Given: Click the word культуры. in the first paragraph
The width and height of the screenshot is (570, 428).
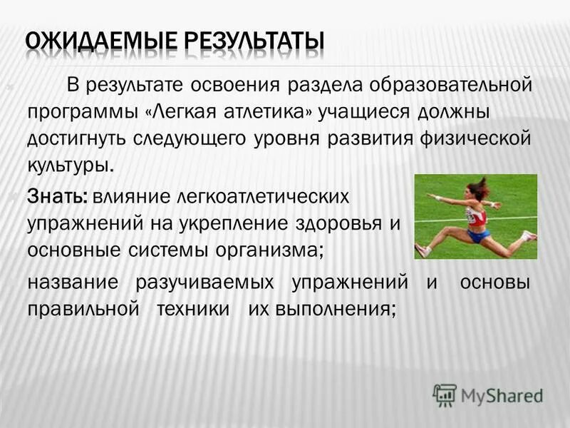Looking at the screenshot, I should click(x=71, y=165).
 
